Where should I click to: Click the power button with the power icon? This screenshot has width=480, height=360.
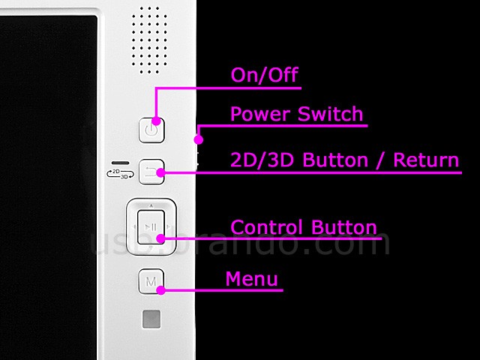coord(151,130)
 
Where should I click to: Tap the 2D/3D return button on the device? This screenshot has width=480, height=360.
coord(151,172)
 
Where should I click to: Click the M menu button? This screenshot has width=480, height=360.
coord(151,281)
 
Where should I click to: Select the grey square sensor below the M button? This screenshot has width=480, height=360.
coord(151,319)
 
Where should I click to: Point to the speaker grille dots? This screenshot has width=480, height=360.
coord(149,40)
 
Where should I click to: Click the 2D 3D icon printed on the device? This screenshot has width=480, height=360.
coord(120,173)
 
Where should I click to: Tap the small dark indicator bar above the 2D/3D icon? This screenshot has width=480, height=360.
coord(120,163)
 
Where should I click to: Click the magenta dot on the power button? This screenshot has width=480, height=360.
coord(156,121)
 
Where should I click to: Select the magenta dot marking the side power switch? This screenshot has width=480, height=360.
coord(199,140)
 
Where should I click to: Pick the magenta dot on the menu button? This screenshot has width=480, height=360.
coord(161,290)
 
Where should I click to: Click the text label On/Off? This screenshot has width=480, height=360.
coord(265,75)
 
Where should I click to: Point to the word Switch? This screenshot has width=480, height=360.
coord(330,114)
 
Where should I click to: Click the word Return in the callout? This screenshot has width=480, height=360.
coord(426,160)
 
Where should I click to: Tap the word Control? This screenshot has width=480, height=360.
coord(267,227)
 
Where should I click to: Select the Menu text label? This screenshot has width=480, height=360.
coord(252,279)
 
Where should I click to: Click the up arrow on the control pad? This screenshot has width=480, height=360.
coord(151,205)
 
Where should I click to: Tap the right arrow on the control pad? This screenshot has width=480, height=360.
coord(169,227)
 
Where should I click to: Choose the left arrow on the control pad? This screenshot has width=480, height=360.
coord(133,227)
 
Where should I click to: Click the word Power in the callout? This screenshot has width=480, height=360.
coord(260,114)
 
